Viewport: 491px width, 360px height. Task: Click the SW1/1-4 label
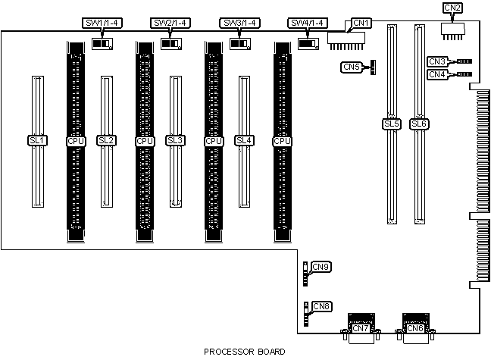(x=102, y=23)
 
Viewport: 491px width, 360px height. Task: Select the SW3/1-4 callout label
(x=239, y=23)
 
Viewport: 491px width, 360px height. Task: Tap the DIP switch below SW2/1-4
(x=171, y=43)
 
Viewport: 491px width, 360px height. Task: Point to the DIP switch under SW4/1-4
(x=308, y=44)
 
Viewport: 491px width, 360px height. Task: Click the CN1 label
(x=361, y=23)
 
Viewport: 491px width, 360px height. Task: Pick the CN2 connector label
(x=453, y=8)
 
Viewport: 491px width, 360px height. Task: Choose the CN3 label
(x=437, y=61)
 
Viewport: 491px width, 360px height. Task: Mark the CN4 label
(x=437, y=74)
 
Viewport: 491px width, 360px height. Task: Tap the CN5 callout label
(x=351, y=67)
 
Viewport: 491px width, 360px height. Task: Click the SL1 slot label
(x=38, y=140)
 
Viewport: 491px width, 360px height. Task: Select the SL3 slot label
(x=175, y=140)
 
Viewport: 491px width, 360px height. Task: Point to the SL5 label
(x=392, y=124)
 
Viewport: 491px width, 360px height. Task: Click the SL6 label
(x=419, y=124)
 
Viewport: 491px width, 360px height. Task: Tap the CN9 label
(x=321, y=267)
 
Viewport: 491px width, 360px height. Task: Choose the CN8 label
(x=321, y=306)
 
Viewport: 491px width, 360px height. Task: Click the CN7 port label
(x=361, y=328)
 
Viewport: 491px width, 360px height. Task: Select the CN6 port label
(x=415, y=328)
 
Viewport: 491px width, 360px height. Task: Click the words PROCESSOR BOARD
(x=245, y=352)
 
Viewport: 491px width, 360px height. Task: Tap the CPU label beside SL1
(x=76, y=141)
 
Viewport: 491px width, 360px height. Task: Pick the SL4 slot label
(x=244, y=140)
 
